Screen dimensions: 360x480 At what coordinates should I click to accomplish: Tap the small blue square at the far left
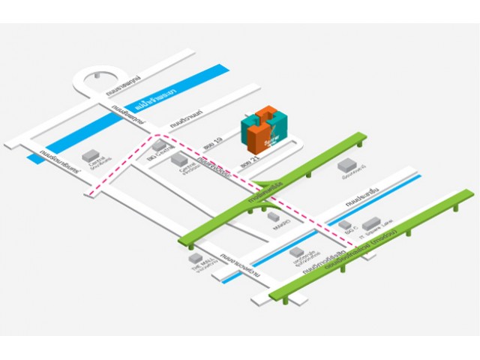click(32, 158)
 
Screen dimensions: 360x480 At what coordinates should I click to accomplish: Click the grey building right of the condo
click(346, 165)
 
